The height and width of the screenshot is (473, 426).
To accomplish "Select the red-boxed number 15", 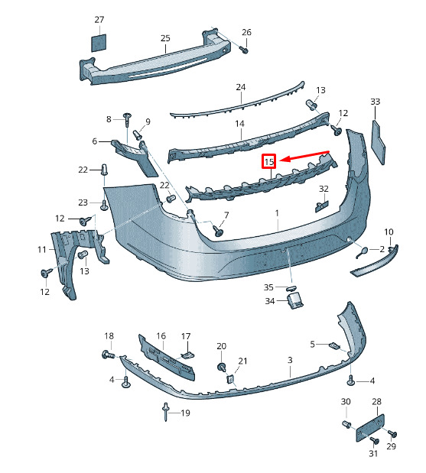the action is click(x=268, y=161).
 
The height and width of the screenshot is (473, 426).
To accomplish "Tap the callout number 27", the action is click(x=99, y=20).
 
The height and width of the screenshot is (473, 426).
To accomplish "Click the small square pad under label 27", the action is click(x=99, y=43).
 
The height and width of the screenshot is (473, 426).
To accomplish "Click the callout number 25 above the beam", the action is click(x=165, y=38).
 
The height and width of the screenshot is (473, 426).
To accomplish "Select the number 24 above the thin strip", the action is click(x=241, y=87).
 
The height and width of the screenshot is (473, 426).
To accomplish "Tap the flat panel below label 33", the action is click(x=378, y=142).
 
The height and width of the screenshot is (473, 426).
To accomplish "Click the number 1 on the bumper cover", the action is click(x=277, y=213).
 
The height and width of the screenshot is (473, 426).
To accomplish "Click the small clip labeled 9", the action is click(x=138, y=134).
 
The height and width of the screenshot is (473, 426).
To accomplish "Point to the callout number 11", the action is click(x=42, y=249).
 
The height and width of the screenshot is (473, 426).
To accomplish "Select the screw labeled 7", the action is click(x=218, y=231).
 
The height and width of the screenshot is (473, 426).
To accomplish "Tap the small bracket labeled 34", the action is click(x=294, y=300).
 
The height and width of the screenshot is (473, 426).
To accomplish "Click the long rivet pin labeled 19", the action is click(x=166, y=412).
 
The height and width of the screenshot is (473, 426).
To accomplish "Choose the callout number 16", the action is click(x=161, y=335).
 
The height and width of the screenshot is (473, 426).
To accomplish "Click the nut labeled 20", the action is click(x=221, y=368).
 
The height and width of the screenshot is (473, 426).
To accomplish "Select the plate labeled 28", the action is click(x=370, y=427).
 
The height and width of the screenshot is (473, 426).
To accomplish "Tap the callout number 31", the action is click(x=373, y=453).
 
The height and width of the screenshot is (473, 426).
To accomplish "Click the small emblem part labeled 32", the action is click(x=321, y=206).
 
